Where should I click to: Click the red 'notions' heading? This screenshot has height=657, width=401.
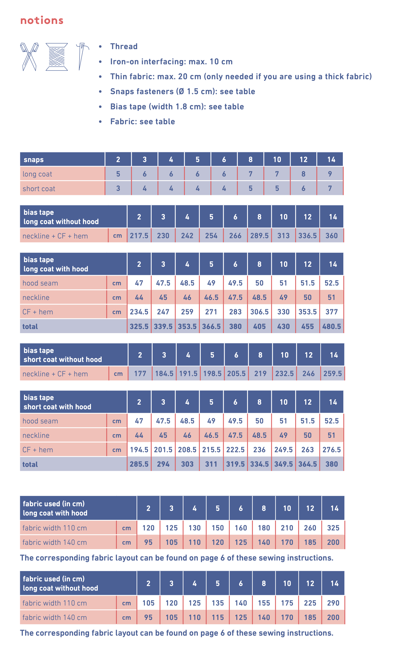click(x=42, y=20)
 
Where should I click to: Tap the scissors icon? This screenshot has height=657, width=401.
click(x=29, y=57)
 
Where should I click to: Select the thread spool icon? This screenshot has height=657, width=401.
click(x=57, y=57)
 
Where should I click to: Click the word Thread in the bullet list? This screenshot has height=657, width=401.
click(x=124, y=46)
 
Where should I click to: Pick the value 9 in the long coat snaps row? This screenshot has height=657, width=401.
click(x=330, y=174)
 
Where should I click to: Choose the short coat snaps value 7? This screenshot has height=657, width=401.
click(x=330, y=188)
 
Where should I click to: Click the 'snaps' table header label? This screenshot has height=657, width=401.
click(x=34, y=159)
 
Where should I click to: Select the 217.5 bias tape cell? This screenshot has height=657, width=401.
click(x=139, y=236)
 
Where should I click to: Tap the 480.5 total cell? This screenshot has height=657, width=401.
click(x=331, y=326)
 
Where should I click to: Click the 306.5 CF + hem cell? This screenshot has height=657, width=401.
click(x=259, y=312)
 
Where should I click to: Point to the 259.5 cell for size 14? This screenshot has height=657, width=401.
click(x=332, y=373)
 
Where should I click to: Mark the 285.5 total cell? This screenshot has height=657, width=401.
click(x=139, y=464)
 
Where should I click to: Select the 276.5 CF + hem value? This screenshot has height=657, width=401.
click(x=331, y=450)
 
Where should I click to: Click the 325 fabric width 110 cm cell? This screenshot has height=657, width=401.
click(x=333, y=528)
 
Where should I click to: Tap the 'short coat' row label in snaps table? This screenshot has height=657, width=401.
click(x=39, y=189)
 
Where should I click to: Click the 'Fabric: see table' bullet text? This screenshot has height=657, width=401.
click(x=143, y=122)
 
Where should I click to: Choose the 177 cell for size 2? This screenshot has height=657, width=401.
click(x=140, y=373)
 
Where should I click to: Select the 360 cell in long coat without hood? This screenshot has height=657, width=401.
click(x=331, y=236)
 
